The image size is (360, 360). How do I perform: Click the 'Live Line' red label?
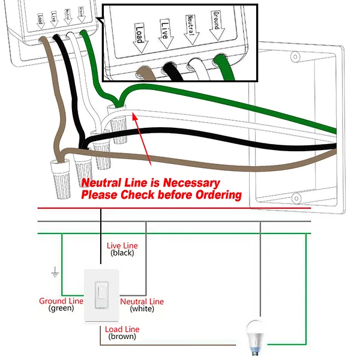[x=122, y=245]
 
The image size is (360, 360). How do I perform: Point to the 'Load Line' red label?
[x=122, y=329]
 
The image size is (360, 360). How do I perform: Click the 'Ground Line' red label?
[x=61, y=301]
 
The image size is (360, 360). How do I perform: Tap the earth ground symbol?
[x=55, y=274]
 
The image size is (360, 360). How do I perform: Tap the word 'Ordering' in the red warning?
[x=215, y=195]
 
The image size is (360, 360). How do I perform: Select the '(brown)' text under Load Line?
[x=122, y=337]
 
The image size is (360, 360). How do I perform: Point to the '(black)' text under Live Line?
[x=122, y=253]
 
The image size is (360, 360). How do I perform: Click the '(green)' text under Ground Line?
[x=61, y=308]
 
